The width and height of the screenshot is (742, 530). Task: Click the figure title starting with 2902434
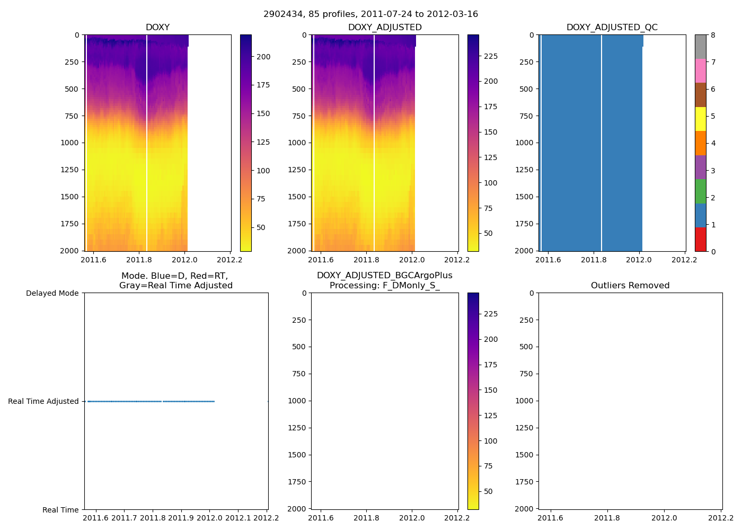370,14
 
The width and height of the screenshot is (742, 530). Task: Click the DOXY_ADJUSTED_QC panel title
612,27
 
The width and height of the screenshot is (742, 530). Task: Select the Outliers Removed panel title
630,285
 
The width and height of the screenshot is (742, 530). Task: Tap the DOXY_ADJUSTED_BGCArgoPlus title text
384,276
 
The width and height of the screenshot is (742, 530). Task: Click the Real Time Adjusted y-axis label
43,401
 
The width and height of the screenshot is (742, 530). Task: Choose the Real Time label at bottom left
60,510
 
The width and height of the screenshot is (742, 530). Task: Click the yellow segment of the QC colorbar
700,119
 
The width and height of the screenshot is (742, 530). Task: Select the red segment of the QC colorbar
700,239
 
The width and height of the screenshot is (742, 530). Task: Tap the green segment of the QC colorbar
700,191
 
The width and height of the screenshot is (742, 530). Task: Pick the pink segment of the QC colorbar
700,70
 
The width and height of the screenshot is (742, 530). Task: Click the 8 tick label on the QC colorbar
713,35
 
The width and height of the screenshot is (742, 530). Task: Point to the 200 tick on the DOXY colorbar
263,57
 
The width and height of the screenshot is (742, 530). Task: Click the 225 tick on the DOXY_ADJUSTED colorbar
491,56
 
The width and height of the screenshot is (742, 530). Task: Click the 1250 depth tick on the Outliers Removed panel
525,428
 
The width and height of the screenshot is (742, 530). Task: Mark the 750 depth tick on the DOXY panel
70,116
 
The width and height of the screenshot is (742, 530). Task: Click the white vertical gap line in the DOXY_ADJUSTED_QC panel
602,143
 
